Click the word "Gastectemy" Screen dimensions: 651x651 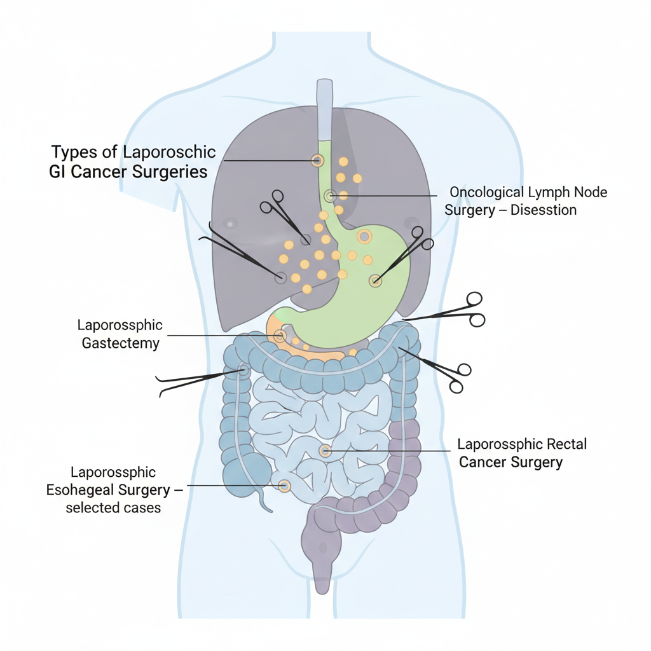(x=121, y=344)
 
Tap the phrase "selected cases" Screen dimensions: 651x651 (x=113, y=508)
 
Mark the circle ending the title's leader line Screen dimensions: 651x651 (x=317, y=161)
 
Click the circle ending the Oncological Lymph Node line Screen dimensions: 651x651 (x=329, y=196)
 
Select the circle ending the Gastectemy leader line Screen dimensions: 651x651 (x=280, y=336)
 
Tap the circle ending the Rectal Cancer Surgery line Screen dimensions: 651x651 (x=325, y=451)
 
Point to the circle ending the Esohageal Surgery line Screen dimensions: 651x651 (x=284, y=486)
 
